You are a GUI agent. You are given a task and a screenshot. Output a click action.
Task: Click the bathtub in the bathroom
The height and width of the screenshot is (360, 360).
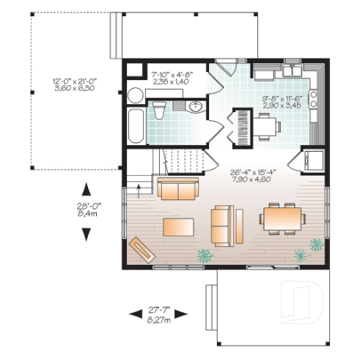[136, 127]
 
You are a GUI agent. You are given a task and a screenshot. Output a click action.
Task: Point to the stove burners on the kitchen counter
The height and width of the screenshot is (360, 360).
[313, 95]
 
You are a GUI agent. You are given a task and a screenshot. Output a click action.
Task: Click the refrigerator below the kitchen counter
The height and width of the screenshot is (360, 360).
[314, 160]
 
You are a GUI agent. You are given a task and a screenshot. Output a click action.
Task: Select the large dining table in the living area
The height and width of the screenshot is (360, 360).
[282, 217]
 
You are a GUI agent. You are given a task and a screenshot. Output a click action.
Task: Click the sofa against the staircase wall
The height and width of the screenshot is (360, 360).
[178, 189]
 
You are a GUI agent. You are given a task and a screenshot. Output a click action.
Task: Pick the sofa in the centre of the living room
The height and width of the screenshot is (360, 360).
[223, 224]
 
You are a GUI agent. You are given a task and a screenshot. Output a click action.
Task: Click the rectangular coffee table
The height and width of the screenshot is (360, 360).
[178, 227]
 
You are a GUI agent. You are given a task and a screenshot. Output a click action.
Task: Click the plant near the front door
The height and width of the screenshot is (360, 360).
[205, 255]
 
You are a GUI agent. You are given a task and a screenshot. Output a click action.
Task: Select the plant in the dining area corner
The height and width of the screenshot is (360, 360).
[300, 254]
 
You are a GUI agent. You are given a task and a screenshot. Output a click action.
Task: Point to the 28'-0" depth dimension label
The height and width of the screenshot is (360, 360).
[86, 211]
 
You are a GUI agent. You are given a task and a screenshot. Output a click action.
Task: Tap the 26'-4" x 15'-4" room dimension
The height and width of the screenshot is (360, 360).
[252, 175]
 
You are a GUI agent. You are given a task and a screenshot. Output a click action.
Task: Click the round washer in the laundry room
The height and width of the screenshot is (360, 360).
[135, 95]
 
